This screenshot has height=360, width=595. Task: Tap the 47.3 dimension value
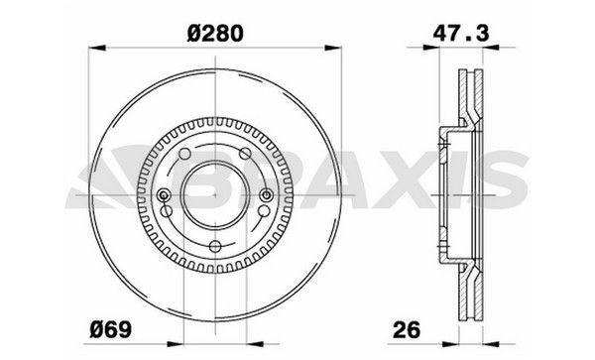[457, 33]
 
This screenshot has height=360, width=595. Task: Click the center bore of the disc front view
[210, 193]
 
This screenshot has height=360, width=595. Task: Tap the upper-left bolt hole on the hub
[183, 157]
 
